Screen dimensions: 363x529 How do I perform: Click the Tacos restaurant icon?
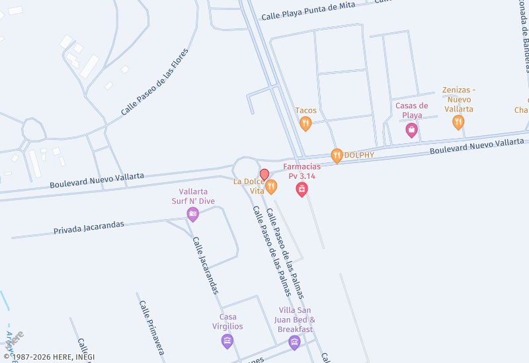(x=305, y=123)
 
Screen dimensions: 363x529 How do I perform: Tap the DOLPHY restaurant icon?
(x=337, y=156)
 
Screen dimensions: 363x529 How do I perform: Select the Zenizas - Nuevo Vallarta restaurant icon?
(x=458, y=122)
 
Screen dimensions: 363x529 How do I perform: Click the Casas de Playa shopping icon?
(x=411, y=129)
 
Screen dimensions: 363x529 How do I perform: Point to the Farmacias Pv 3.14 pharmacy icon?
(x=302, y=190)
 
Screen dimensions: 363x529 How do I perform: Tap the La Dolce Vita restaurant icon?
(x=271, y=187)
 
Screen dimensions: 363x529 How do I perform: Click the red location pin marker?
(x=264, y=175)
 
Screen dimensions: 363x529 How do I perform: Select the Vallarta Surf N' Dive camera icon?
(x=192, y=213)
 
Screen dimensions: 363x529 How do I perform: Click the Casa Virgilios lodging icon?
(x=227, y=341)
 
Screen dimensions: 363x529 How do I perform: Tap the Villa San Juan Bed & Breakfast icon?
(x=294, y=342)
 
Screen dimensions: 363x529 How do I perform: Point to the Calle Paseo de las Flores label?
(x=155, y=82)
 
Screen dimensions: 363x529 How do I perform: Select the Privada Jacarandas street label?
(x=89, y=228)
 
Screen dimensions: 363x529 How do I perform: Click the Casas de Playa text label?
(x=411, y=110)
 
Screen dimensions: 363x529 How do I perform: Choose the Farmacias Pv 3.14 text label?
(x=302, y=171)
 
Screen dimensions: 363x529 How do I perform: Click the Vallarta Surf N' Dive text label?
(x=192, y=196)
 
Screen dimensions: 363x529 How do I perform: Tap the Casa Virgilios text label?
(x=227, y=321)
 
